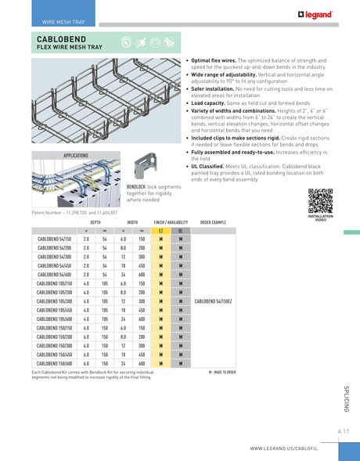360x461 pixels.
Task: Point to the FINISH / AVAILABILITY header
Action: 170,222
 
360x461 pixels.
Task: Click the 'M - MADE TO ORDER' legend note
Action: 222,372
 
